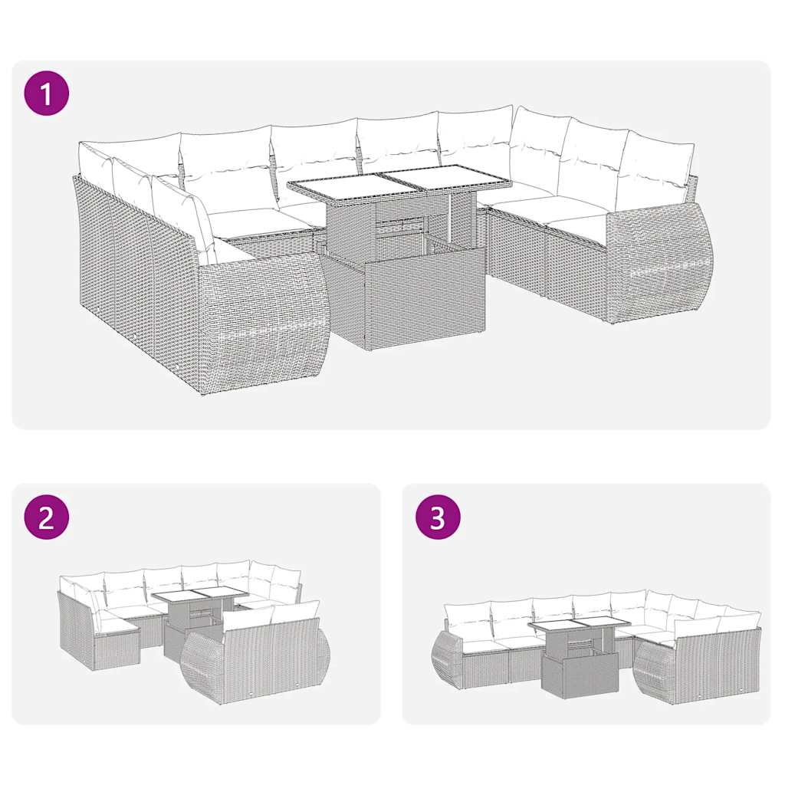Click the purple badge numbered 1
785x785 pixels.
pos(47,94)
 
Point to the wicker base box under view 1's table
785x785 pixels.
pos(402,303)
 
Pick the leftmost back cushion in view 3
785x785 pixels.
pos(467,616)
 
